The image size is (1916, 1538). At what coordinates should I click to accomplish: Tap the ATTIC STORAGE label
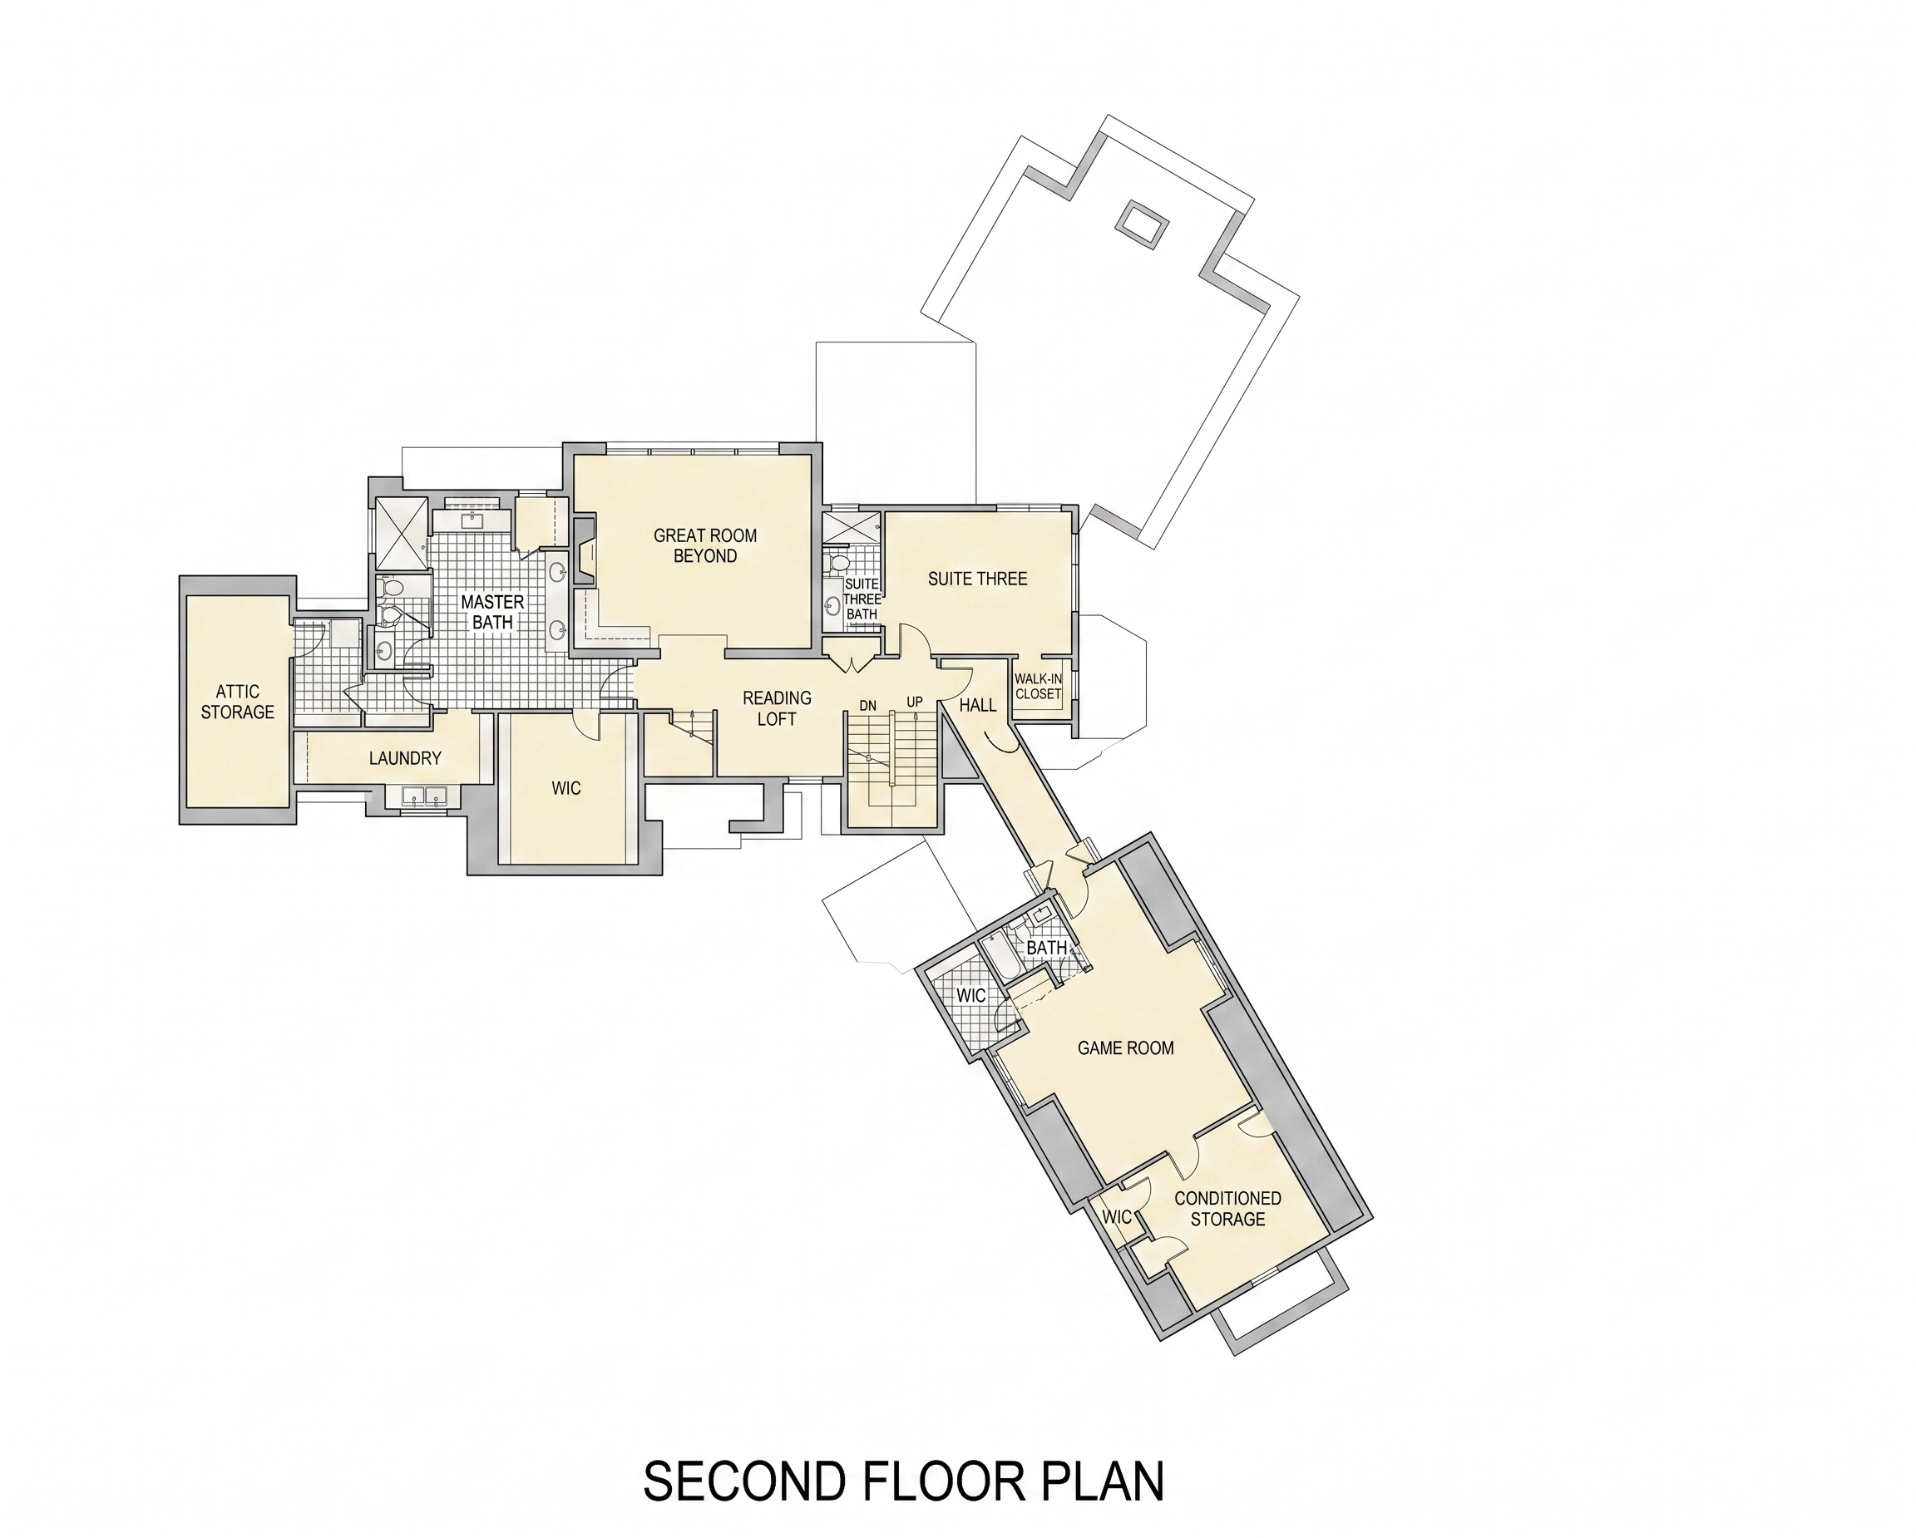[237, 702]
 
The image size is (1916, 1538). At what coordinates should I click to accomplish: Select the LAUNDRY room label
[405, 758]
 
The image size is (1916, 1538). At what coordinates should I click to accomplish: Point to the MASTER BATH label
[492, 612]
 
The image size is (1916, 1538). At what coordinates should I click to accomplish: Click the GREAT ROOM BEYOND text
[706, 545]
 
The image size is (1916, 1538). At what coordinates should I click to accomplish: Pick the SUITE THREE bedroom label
[978, 579]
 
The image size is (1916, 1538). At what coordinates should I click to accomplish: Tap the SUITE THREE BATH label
[862, 599]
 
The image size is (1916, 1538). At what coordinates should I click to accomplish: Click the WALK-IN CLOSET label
[1038, 686]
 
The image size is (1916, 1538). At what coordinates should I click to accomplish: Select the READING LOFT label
[777, 708]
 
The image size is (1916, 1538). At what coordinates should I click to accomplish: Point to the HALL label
[978, 705]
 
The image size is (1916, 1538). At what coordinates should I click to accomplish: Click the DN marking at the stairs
[867, 706]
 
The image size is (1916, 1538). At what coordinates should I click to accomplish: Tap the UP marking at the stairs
[915, 702]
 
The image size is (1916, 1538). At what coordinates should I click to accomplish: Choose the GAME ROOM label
[1125, 1048]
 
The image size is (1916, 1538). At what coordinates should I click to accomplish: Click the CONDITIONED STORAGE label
[1227, 1208]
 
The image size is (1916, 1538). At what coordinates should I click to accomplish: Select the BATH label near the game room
[1046, 947]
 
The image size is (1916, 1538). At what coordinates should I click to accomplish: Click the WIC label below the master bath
[566, 788]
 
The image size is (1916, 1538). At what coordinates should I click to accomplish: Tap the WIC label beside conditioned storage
[1116, 1216]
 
